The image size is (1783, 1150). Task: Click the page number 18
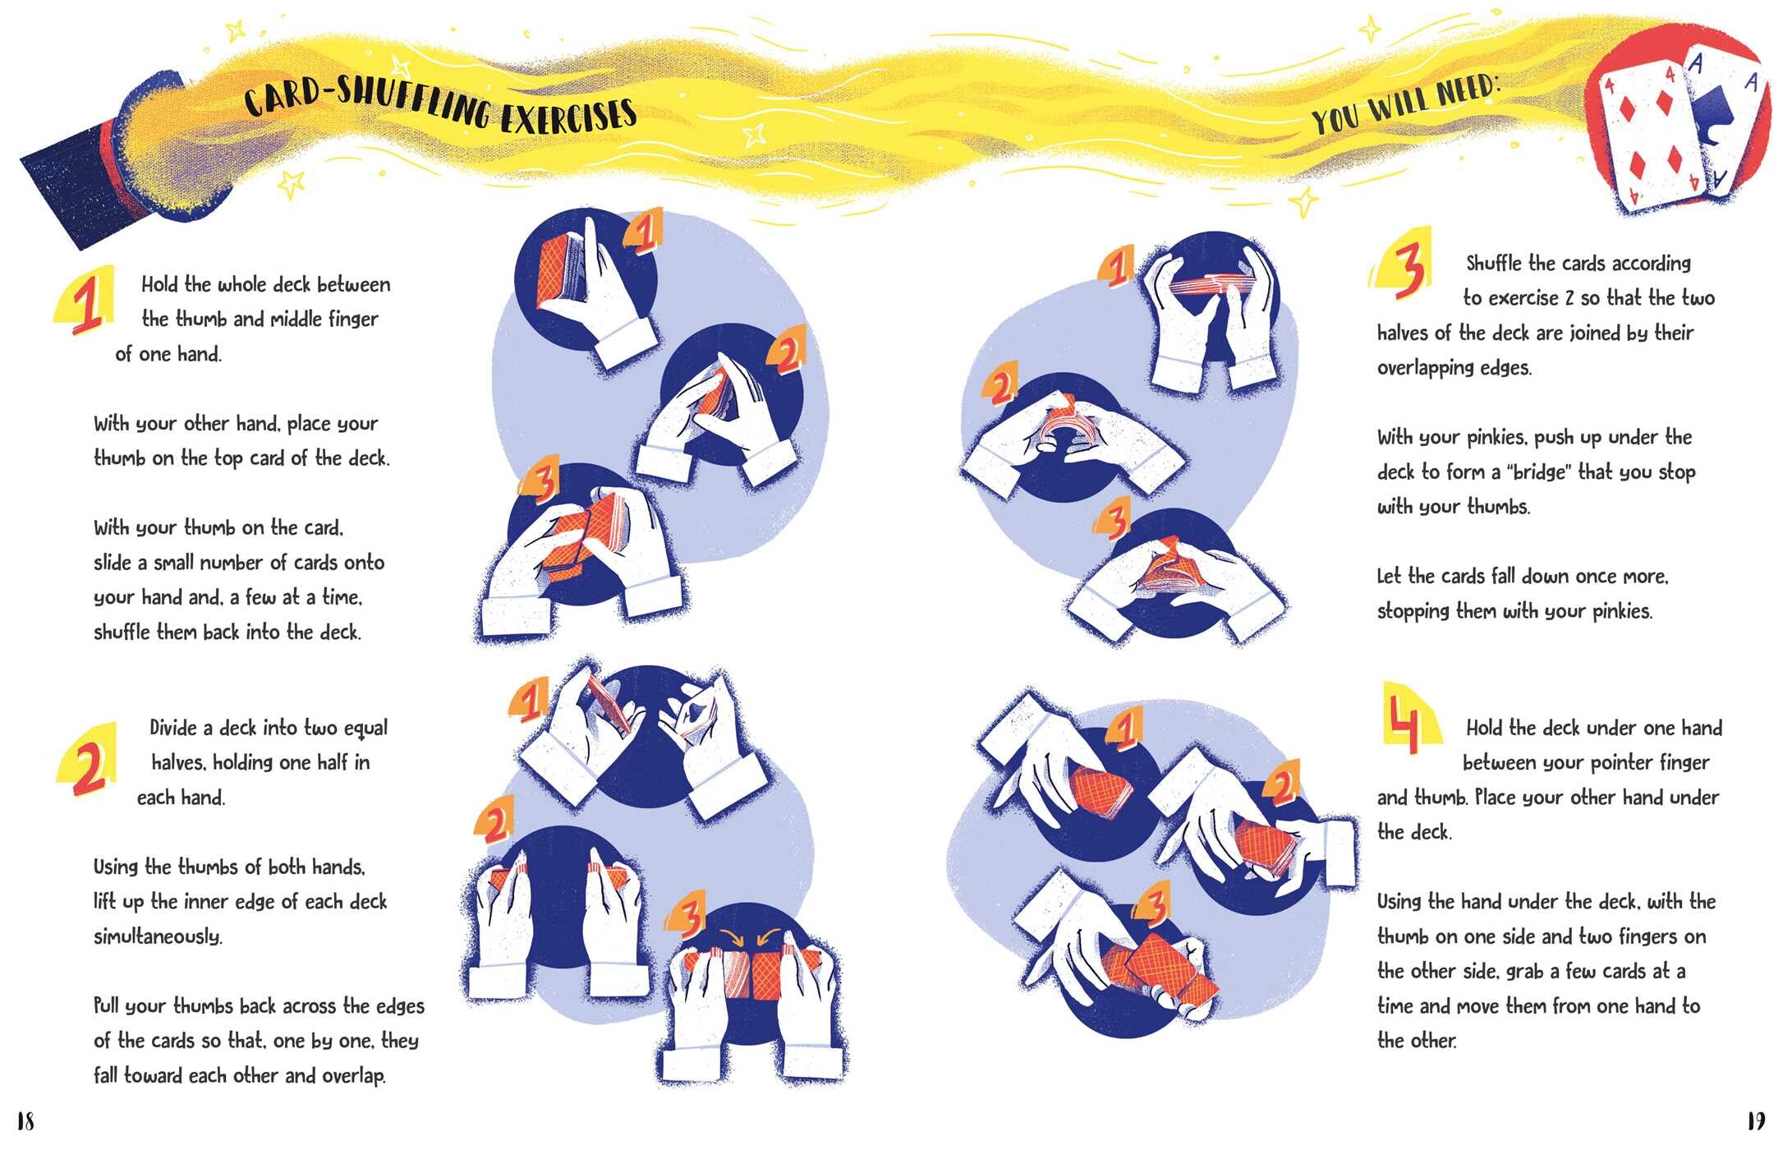pos(25,1121)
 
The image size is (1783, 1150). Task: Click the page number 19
pos(1756,1121)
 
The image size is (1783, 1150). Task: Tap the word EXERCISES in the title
pos(568,117)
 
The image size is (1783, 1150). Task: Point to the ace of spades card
pos(1725,115)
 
